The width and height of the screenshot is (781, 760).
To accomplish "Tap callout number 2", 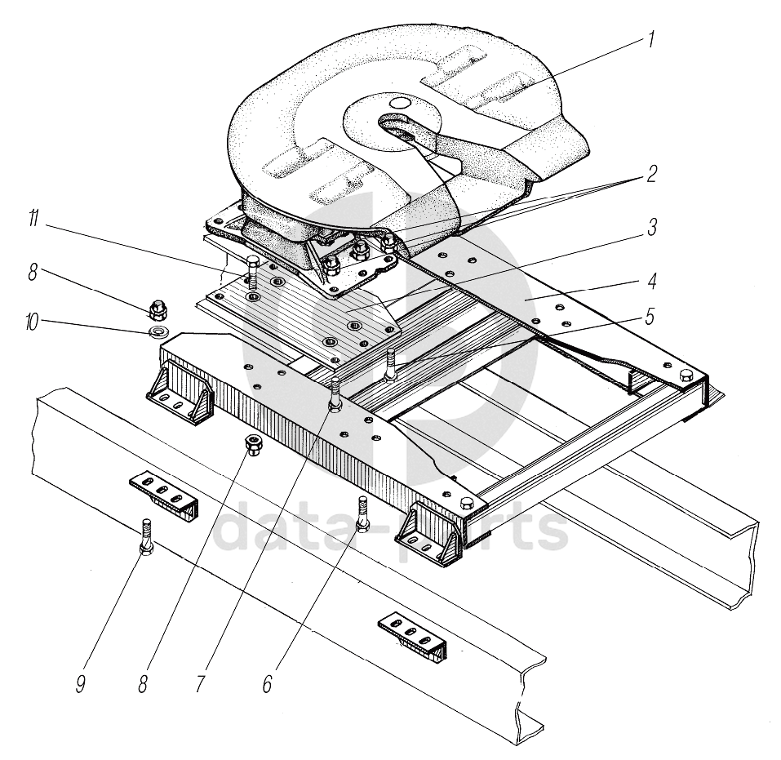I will [x=652, y=174].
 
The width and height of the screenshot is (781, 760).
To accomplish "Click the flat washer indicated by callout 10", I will [x=157, y=331].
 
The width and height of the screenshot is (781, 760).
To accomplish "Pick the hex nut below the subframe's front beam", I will [x=253, y=446].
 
